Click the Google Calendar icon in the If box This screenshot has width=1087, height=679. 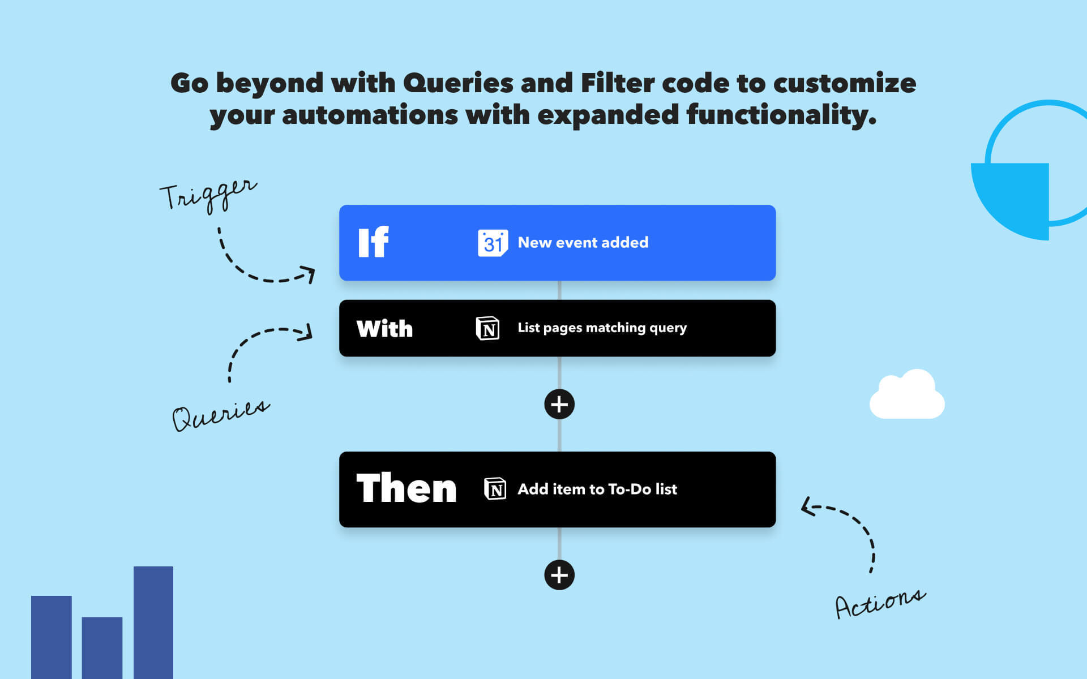[x=493, y=243]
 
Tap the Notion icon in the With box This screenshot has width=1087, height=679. [x=487, y=328]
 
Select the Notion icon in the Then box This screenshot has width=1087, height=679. [x=495, y=489]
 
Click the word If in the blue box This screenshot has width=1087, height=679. [x=374, y=243]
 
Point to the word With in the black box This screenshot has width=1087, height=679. [x=384, y=329]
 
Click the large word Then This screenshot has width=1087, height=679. [x=406, y=488]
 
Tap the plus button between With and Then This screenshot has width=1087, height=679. [x=559, y=405]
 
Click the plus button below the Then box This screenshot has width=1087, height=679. [x=559, y=575]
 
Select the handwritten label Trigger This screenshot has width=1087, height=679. [x=208, y=194]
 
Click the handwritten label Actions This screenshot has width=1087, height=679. [x=880, y=604]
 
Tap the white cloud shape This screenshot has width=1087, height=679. [x=907, y=396]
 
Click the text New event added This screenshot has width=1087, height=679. [x=583, y=243]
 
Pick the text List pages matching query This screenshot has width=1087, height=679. [x=602, y=328]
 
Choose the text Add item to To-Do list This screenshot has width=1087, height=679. [x=597, y=489]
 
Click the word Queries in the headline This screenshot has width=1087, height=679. [x=457, y=83]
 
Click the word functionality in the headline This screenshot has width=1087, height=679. [x=781, y=115]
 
